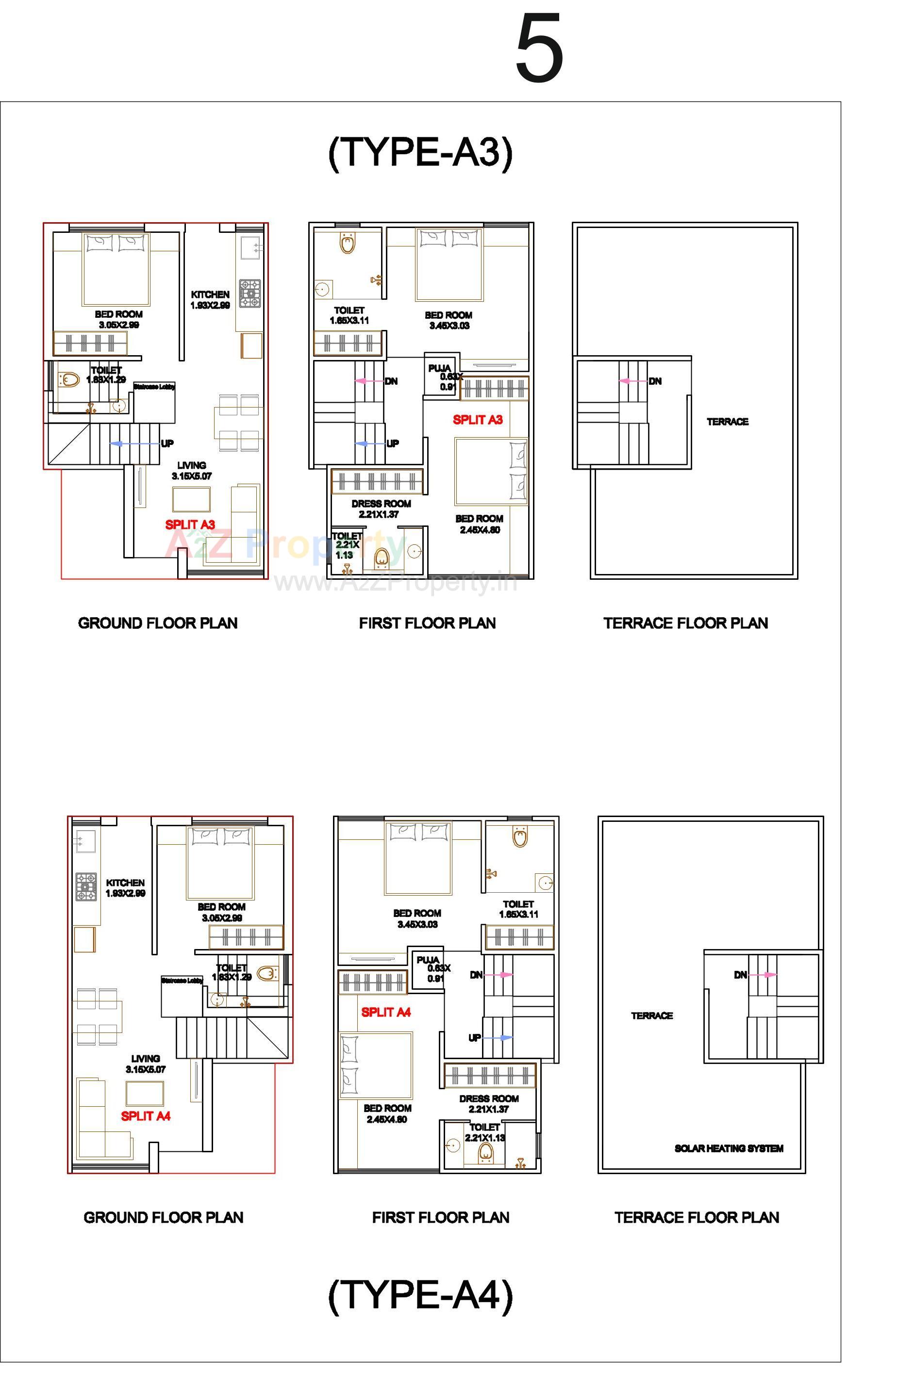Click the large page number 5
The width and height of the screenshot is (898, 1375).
(x=539, y=49)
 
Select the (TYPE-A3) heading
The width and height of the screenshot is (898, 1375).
(x=420, y=153)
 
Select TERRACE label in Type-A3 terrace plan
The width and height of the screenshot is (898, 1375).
(x=727, y=422)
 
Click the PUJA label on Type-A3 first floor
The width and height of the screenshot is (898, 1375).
(x=439, y=369)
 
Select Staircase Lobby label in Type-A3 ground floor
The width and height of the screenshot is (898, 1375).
(x=154, y=387)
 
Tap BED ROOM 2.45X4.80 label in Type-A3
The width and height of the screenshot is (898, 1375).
(x=479, y=524)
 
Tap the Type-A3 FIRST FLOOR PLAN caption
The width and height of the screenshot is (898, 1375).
(x=427, y=623)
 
